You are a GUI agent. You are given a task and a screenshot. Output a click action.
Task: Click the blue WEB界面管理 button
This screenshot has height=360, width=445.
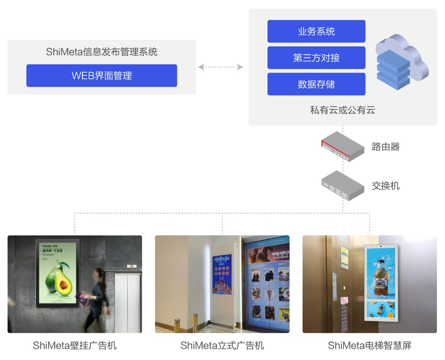coord(102,75)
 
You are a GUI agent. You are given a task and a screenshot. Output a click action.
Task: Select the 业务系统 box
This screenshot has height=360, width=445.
coord(316,31)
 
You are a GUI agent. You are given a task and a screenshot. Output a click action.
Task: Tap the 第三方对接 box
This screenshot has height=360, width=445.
coord(316,58)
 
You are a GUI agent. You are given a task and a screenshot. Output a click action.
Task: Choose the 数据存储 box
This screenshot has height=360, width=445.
coord(316,84)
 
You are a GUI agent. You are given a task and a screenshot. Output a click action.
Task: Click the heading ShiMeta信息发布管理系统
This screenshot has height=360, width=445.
coord(102,52)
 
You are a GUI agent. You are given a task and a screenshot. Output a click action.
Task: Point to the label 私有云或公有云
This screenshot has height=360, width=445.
coord(343,110)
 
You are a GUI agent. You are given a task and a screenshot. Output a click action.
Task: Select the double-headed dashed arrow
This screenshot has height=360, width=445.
coord(221,67)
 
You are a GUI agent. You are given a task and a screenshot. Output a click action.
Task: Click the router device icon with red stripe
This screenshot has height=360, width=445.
coord(342,146)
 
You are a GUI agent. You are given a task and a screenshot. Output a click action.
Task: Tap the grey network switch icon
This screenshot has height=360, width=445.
coord(342,186)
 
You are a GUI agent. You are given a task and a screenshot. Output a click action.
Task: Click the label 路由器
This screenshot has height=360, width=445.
coord(386,147)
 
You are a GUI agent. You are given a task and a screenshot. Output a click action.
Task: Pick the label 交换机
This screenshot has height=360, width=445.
coord(386,186)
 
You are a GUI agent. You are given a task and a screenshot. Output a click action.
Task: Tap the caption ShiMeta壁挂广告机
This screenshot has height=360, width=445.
coord(75,345)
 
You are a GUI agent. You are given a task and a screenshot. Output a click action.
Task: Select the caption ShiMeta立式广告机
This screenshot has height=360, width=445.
coord(222,345)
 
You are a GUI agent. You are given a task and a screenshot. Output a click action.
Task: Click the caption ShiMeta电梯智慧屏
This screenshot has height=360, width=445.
coord(370,345)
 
